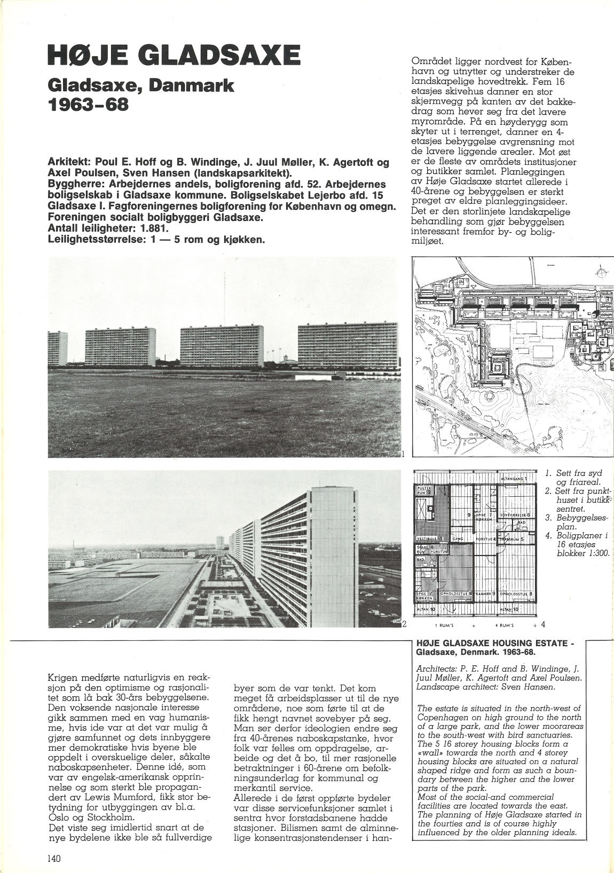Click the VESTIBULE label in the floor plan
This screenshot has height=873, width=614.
[426, 540]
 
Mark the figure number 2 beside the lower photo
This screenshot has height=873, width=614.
[404, 624]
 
